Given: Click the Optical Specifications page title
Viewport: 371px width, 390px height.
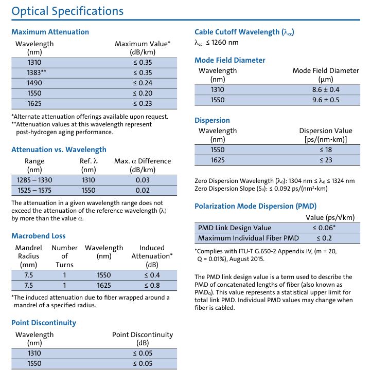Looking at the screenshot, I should [67, 11].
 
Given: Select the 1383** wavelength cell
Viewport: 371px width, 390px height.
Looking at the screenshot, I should [37, 72].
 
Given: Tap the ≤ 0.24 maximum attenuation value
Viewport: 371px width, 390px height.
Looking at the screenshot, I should [143, 83].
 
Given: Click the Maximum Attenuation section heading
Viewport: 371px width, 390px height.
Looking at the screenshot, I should [50, 32].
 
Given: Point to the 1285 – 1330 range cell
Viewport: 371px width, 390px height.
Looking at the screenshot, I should [34, 180].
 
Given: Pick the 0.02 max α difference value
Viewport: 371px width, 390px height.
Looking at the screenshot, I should [143, 190].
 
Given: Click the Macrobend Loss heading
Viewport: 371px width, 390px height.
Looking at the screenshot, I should [39, 236].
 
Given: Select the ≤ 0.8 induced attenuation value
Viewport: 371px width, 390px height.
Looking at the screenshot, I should [152, 285].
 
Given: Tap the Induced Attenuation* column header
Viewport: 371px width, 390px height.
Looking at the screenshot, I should [152, 256].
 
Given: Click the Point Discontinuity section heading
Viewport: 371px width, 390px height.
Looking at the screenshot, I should [44, 323].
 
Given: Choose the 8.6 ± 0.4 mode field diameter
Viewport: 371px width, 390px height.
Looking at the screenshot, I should [326, 90].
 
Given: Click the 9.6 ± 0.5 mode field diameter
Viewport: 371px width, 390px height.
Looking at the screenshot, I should [326, 100].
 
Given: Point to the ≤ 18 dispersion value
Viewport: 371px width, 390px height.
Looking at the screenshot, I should [326, 150].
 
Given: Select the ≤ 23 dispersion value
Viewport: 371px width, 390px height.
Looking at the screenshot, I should [326, 160].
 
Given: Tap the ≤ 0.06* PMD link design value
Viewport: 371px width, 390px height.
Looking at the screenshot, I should [324, 228].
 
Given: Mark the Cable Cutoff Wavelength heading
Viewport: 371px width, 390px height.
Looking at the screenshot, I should [244, 32].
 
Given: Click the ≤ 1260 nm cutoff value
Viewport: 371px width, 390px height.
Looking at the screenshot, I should [217, 43].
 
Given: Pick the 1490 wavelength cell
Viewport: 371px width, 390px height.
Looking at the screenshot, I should [34, 83].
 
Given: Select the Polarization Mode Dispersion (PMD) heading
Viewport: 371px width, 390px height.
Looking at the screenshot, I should [255, 206].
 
